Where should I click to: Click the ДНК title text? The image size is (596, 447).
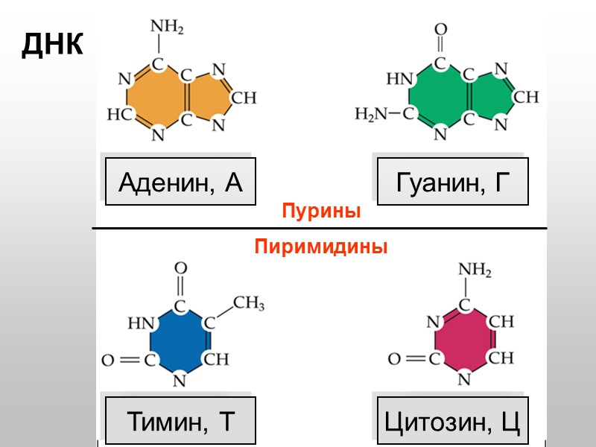point(53,45)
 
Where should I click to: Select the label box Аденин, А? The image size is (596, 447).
point(181,182)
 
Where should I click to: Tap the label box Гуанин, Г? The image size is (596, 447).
point(453,182)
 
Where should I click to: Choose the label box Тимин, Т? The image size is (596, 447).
point(181,421)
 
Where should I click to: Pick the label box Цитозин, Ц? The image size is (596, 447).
point(453,421)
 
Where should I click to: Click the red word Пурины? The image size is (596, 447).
point(321,212)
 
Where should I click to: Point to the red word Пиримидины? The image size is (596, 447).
point(321,246)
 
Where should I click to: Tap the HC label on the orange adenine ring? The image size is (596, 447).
point(119,115)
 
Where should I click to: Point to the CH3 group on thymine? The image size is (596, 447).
point(249,303)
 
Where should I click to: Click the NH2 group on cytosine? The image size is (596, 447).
point(474,270)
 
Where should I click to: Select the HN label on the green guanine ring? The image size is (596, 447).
point(399,78)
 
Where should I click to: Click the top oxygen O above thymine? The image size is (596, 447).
point(180,267)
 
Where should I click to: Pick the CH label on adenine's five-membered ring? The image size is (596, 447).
point(244,97)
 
